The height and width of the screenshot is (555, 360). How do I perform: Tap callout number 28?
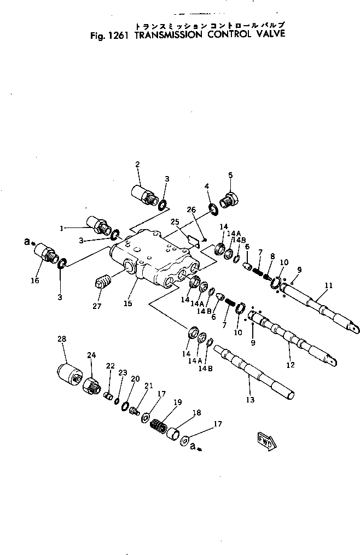click(62, 340)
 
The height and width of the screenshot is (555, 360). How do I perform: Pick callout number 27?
click(97, 307)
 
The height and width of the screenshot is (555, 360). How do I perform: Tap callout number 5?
click(230, 175)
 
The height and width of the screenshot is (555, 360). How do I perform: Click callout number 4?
click(207, 187)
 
